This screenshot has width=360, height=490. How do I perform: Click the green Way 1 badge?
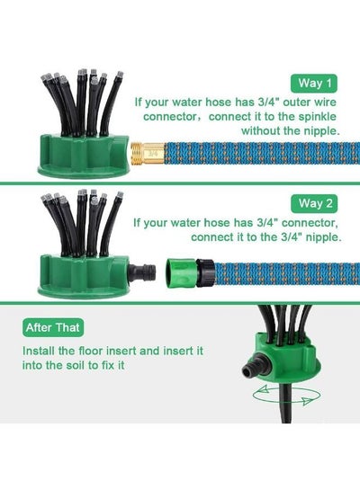point(314,84)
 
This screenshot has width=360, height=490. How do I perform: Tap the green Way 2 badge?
point(314,203)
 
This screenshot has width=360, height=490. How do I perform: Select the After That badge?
point(53,327)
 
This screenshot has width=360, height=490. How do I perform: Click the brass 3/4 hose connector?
point(147,153)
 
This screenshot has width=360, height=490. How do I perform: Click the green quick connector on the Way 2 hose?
point(181,272)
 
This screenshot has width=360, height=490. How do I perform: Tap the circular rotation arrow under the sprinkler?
point(286,395)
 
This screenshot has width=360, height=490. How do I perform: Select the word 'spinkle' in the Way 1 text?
point(317,117)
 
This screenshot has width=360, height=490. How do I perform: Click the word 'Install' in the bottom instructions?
point(39,351)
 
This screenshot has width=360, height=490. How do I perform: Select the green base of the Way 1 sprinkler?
point(84,156)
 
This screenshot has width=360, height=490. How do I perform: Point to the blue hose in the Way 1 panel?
point(262,153)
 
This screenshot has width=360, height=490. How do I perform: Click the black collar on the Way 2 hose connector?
point(205,272)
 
